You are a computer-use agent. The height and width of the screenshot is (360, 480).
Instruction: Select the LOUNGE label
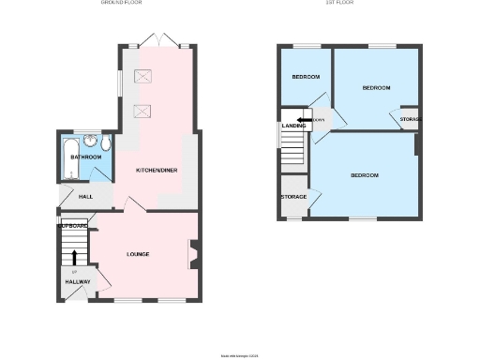139,254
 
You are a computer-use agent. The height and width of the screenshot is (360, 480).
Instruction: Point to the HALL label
85,197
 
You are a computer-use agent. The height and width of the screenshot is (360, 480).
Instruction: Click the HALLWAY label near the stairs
78,281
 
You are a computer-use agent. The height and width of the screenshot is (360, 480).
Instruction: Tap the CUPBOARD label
73,226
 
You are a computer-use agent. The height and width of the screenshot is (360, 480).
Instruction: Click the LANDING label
294,126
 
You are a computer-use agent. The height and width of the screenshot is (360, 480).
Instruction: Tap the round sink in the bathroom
91,142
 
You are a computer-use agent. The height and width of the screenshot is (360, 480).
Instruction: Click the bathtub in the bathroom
67,157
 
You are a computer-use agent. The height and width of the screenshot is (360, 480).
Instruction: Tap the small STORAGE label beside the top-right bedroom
410,120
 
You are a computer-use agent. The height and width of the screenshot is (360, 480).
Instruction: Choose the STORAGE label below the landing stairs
292,197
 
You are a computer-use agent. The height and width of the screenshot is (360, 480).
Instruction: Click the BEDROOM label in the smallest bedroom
306,77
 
